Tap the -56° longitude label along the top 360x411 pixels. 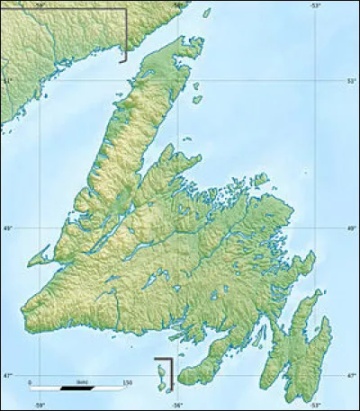tap(177, 5)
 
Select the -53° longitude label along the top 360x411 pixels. tap(316, 5)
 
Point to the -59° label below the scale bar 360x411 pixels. tap(40, 405)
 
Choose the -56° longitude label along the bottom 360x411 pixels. tap(177, 405)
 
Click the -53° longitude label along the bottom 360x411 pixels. tap(316, 405)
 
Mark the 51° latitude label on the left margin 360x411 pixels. tap(6, 81)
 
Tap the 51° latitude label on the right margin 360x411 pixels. tap(352, 81)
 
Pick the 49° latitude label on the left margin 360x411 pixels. tap(6, 229)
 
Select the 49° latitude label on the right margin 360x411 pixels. tap(352, 229)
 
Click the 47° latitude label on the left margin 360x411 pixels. tap(6, 375)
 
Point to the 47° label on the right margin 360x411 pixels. tap(352, 375)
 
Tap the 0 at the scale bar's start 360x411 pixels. tap(30, 382)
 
